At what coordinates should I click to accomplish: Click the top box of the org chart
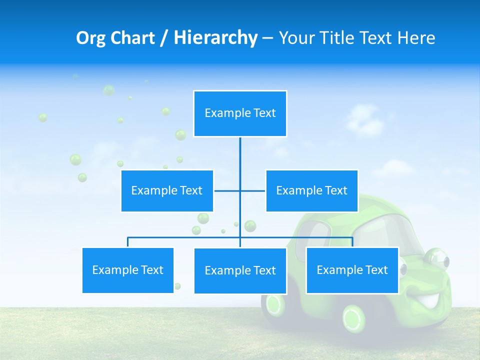pyautogui.click(x=240, y=113)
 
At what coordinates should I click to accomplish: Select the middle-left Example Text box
pyautogui.click(x=167, y=190)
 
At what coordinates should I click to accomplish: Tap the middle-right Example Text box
pyautogui.click(x=311, y=190)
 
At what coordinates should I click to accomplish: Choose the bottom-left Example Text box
pyautogui.click(x=128, y=270)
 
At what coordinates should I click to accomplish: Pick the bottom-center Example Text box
pyautogui.click(x=240, y=270)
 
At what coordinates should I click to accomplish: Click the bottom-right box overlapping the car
pyautogui.click(x=352, y=270)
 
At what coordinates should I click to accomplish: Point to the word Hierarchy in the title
pyautogui.click(x=215, y=38)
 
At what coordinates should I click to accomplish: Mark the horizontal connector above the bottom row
pyautogui.click(x=185, y=237)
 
